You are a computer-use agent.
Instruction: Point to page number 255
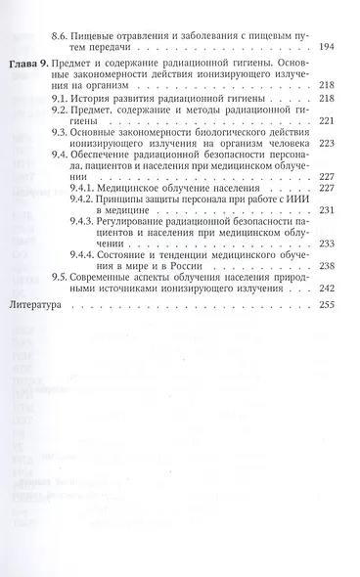tap(328, 278)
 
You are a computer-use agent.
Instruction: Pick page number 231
tap(328, 209)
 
